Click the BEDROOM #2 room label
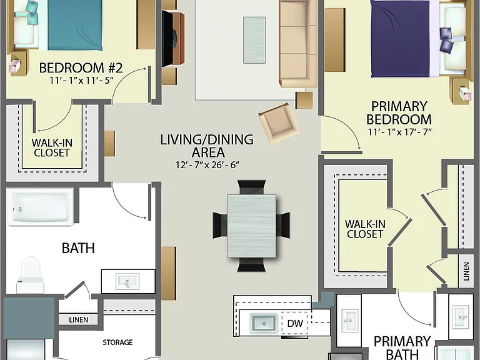(x=81, y=67)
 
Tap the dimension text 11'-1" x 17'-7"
(x=399, y=132)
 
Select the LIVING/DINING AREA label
(x=207, y=146)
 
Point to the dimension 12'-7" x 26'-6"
(x=207, y=165)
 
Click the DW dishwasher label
(x=295, y=323)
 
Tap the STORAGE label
(x=117, y=342)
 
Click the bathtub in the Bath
(x=40, y=207)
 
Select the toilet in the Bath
(x=30, y=274)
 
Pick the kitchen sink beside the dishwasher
(x=264, y=323)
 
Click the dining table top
(x=252, y=226)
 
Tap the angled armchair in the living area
(x=279, y=122)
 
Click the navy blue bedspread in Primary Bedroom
(x=401, y=39)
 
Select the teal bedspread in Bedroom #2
(x=75, y=25)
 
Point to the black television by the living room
(x=167, y=39)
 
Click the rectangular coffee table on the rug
(x=254, y=40)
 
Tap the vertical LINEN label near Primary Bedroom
(x=466, y=271)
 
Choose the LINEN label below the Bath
(x=78, y=319)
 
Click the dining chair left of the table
(x=221, y=225)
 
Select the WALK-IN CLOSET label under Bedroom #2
(x=52, y=147)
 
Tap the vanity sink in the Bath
(x=127, y=281)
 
